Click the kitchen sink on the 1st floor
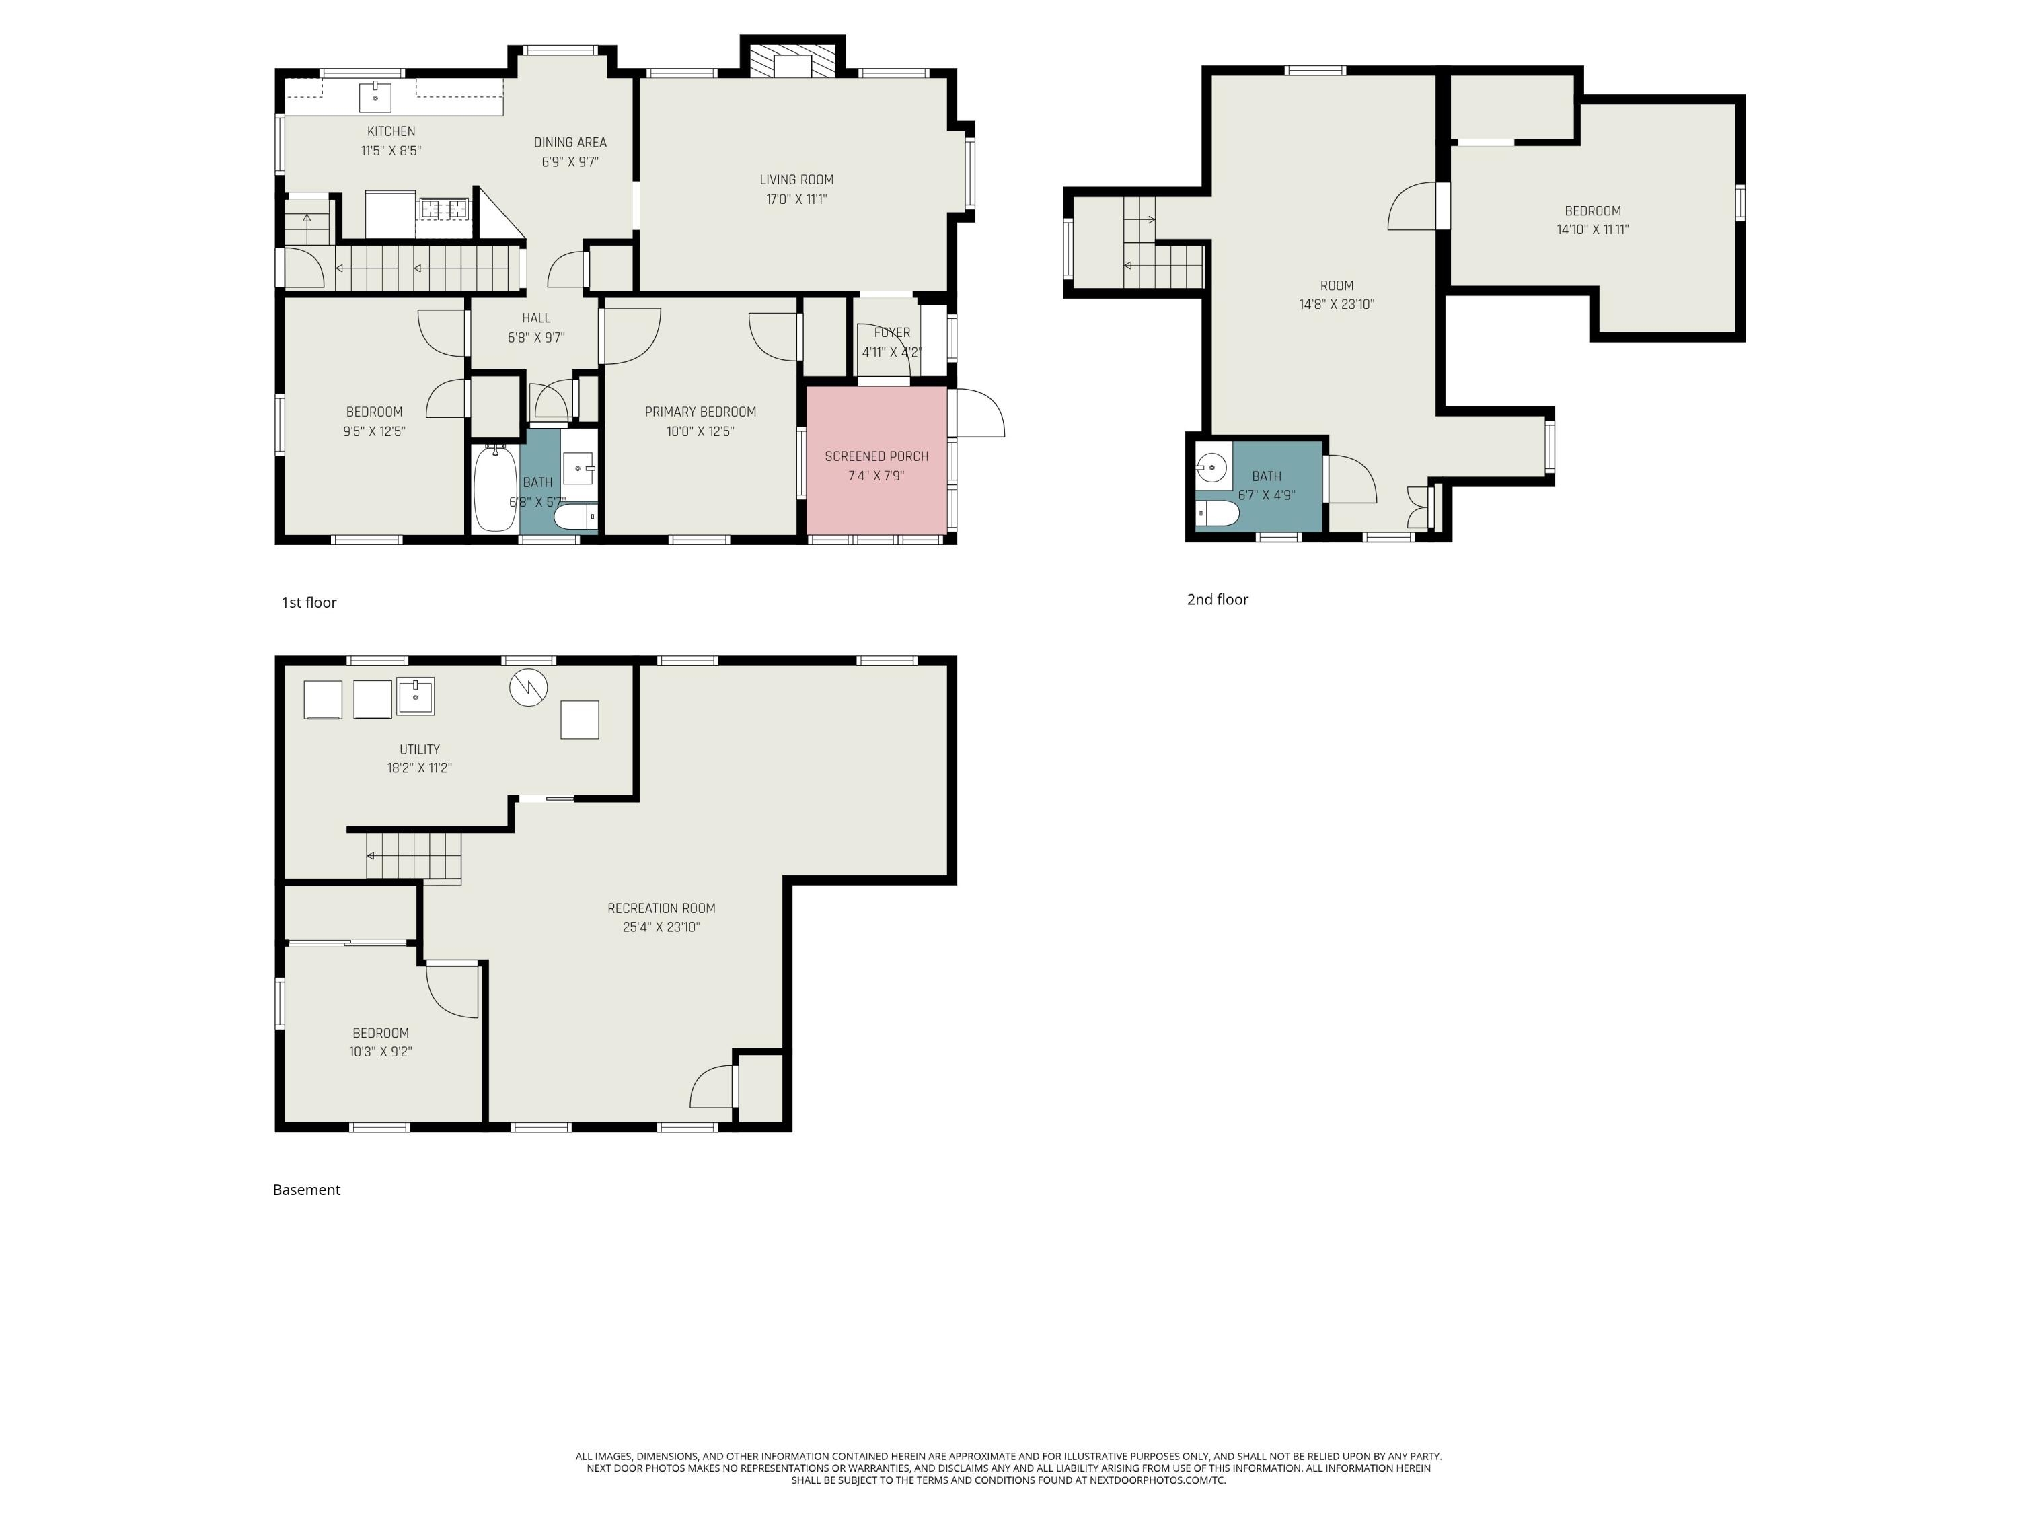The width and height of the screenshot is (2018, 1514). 375,96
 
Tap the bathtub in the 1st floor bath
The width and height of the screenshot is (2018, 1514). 495,489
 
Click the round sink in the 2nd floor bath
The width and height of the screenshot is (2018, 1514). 1211,468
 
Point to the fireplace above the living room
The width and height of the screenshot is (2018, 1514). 792,61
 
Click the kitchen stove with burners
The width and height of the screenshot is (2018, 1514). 443,209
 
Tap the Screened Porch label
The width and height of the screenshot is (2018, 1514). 876,456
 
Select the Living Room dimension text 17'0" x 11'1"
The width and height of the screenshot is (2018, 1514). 796,199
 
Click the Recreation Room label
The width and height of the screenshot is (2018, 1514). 661,908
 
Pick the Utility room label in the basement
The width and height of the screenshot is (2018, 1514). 420,749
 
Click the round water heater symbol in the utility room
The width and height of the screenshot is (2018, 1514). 528,687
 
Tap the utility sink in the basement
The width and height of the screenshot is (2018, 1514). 415,696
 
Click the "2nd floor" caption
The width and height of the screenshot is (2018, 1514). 1217,600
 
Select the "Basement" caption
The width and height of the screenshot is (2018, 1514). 307,1190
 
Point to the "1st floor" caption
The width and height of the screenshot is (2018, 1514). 309,602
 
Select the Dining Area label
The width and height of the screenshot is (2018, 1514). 570,143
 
